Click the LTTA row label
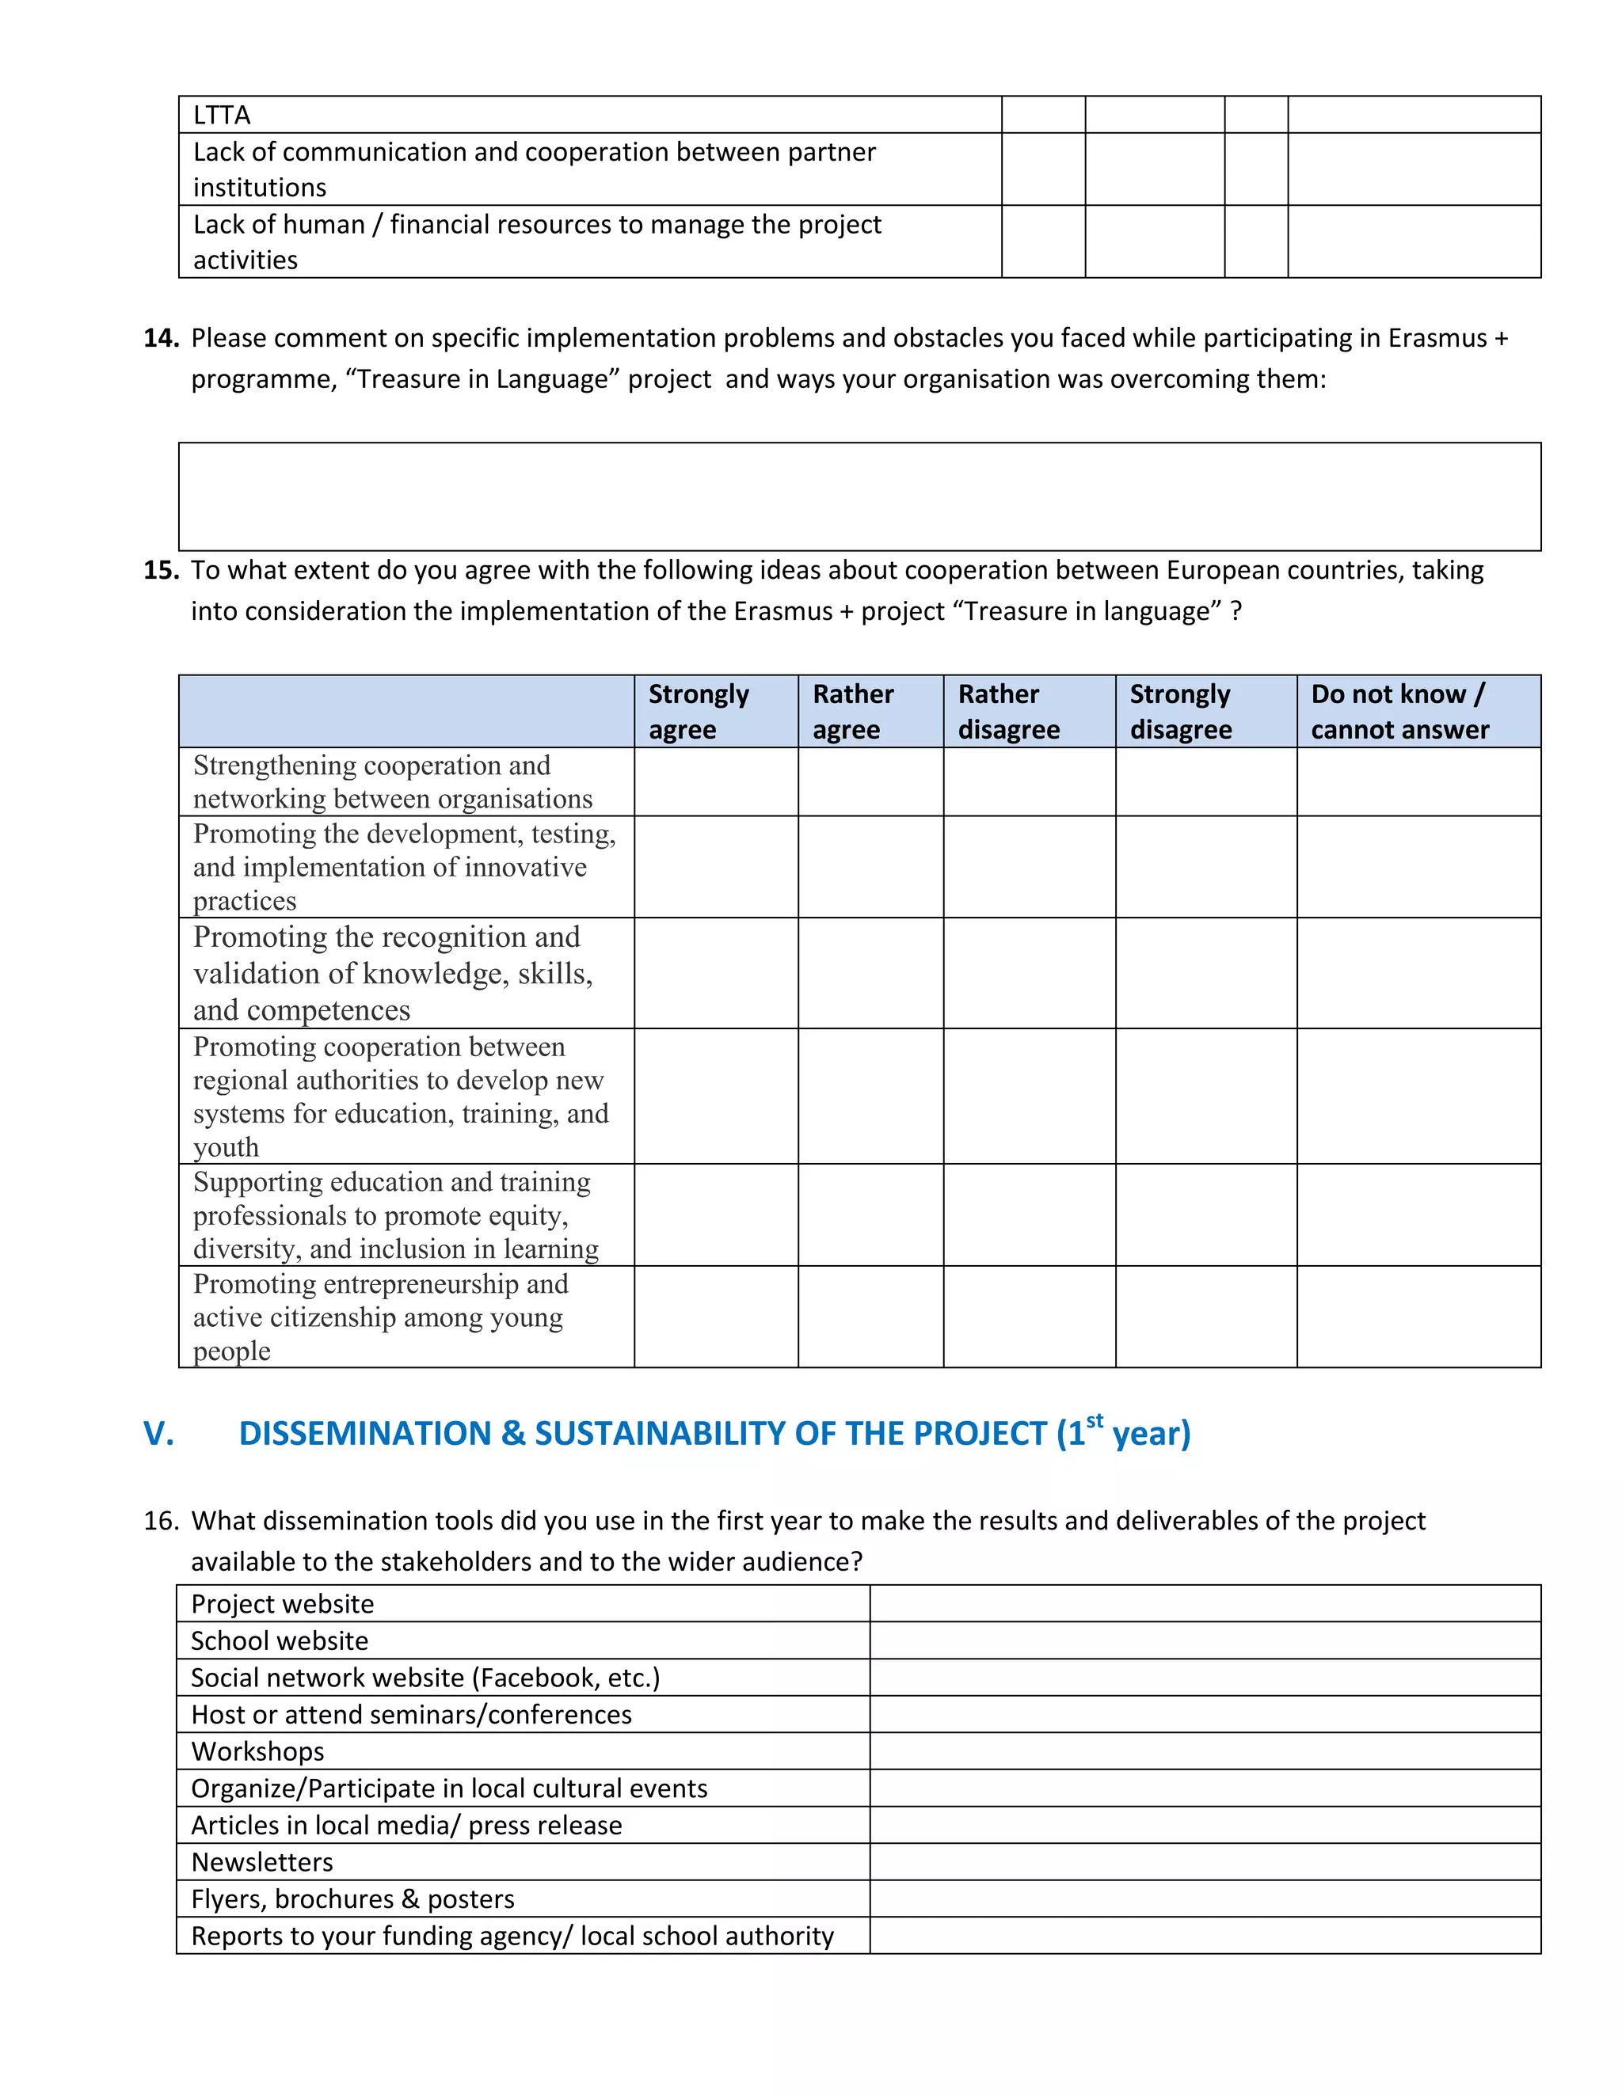tap(222, 116)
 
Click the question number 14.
tap(161, 338)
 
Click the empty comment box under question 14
tap(859, 496)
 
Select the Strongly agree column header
tap(699, 712)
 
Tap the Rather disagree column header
tap(1008, 712)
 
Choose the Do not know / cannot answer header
tap(1399, 712)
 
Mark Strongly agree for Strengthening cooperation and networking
tap(716, 782)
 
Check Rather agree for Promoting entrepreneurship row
tap(870, 1317)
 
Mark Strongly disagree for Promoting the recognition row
tap(1206, 973)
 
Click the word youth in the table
tap(226, 1147)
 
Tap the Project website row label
tap(283, 1604)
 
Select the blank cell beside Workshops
tap(1205, 1751)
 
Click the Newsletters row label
tap(262, 1862)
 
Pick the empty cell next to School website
tap(1205, 1640)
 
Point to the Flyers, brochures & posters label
tap(352, 1899)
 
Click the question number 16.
tap(161, 1521)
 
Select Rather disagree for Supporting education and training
tap(1029, 1215)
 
